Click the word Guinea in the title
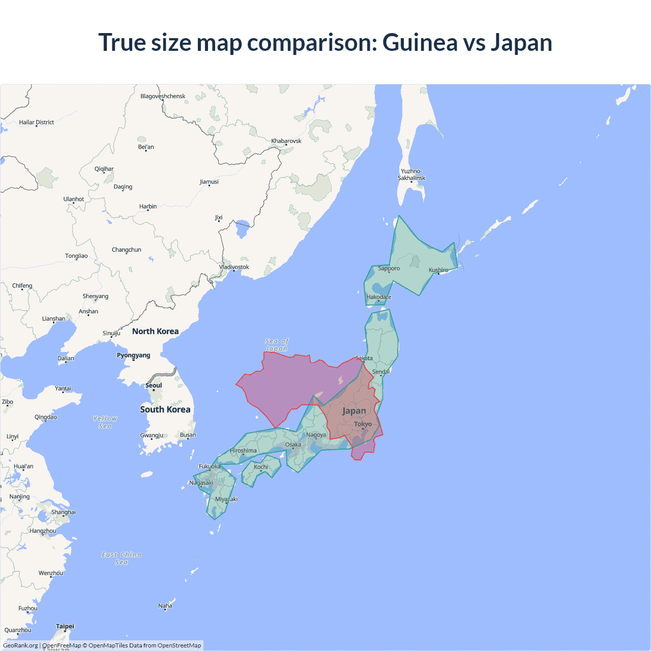coord(420,42)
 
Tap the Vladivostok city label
coord(234,267)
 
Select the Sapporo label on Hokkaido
coord(389,268)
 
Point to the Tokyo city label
coord(363,424)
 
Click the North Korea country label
coord(155,331)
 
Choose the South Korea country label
coord(165,409)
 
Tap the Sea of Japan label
coord(277,345)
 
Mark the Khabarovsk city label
coord(286,141)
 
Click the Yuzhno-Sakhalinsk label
coord(411,174)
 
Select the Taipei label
coord(65,626)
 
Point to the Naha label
coord(165,606)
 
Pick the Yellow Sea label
coord(105,422)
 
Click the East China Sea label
coord(122,558)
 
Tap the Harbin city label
coord(148,206)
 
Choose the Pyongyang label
coord(133,355)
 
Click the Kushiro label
coord(438,270)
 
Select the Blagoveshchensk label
coord(163,96)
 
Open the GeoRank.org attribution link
coord(20,645)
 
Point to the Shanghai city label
coord(63,512)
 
